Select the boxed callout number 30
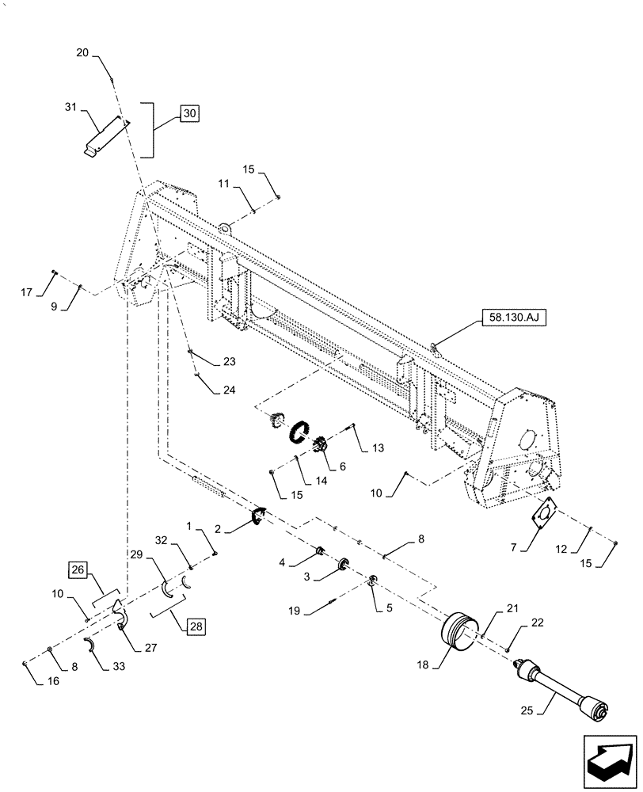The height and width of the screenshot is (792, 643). (189, 113)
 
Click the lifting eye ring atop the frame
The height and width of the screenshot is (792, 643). (226, 228)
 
